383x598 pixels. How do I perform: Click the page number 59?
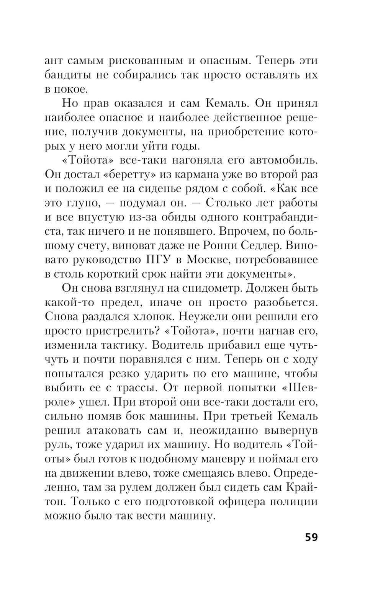[311, 537]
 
